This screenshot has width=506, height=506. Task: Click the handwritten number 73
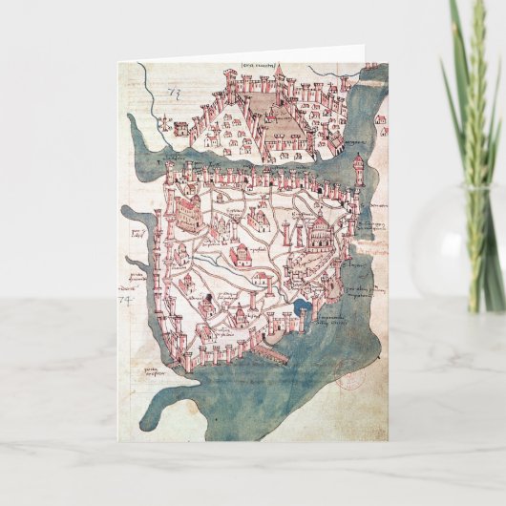click(x=174, y=93)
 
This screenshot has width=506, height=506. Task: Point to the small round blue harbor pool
click(x=305, y=307)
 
